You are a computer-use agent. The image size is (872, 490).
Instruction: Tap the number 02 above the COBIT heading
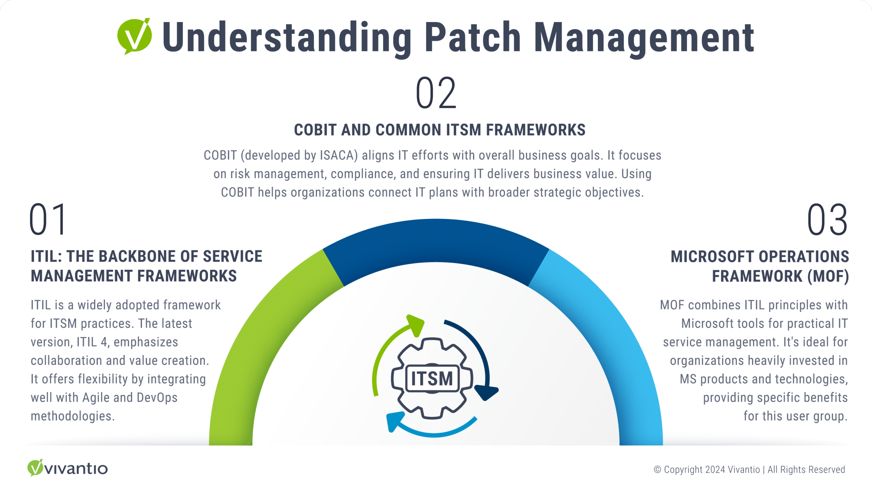[436, 93]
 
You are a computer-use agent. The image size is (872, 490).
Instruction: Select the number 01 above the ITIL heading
[48, 220]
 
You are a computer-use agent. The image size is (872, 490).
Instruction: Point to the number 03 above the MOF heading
[827, 220]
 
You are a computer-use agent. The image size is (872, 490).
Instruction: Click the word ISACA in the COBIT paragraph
[339, 156]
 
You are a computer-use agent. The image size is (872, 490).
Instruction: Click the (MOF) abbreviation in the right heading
[828, 276]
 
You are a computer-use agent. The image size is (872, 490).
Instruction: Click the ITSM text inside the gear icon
[432, 379]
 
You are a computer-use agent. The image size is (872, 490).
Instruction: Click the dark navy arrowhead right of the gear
[486, 392]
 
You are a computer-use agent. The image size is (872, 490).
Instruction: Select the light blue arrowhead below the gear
[394, 421]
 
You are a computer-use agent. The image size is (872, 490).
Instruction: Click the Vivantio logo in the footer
[67, 468]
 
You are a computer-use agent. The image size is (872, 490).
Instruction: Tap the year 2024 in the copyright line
[715, 470]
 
